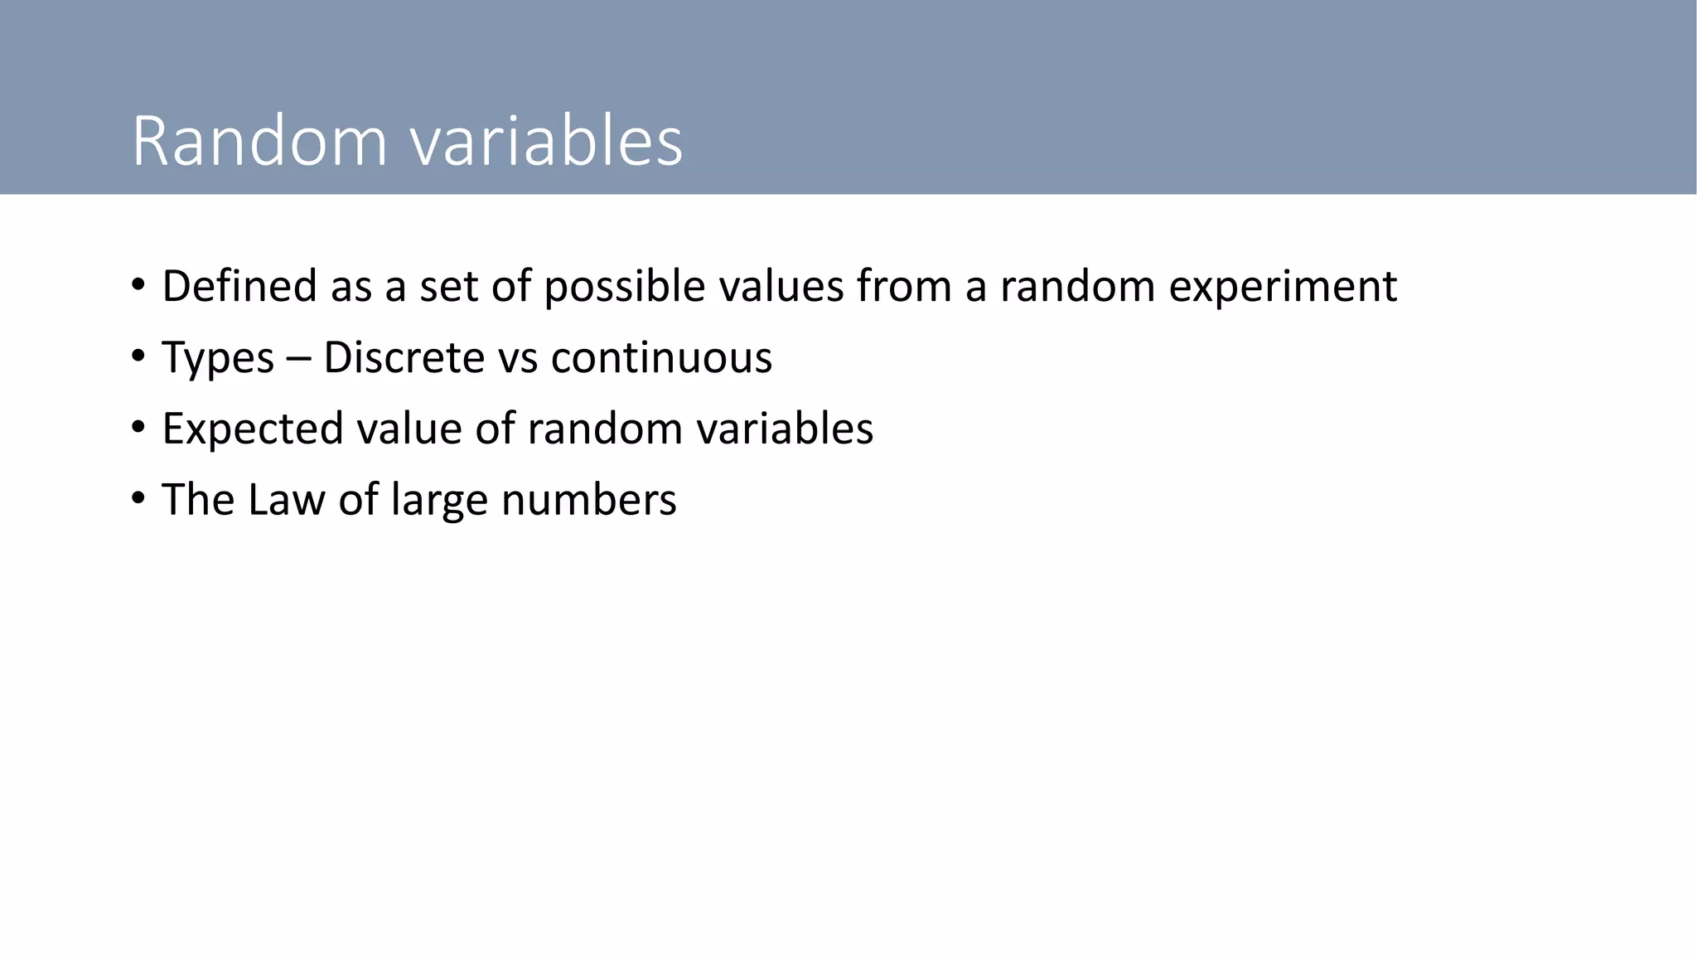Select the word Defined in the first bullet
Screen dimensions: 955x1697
click(x=239, y=286)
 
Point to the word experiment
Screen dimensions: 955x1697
click(x=1283, y=288)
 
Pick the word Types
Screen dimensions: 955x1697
click(x=218, y=358)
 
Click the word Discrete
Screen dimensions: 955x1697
click(x=404, y=357)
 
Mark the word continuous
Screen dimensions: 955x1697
click(x=661, y=357)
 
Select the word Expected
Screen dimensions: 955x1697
click(x=252, y=429)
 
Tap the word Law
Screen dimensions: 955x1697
click(x=285, y=500)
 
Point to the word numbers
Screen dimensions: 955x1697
click(x=588, y=500)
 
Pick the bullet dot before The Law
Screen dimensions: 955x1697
click(x=138, y=500)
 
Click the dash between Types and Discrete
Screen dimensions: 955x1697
click(x=298, y=359)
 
